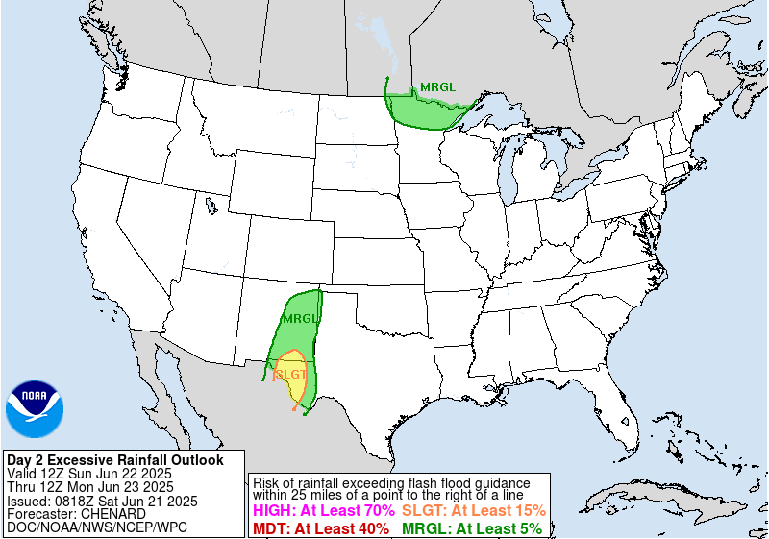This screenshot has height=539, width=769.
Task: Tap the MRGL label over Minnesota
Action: [x=437, y=87]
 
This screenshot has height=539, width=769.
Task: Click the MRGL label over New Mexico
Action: [x=299, y=318]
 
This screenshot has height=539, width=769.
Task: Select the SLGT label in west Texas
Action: [x=291, y=374]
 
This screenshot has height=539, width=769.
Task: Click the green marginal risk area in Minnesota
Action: [x=423, y=109]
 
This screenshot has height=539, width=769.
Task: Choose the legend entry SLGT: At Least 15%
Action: [x=474, y=511]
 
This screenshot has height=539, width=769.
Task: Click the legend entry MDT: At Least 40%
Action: [x=320, y=527]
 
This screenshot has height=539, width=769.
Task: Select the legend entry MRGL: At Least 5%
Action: [x=472, y=527]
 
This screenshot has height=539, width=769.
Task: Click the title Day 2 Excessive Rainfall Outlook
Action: [x=114, y=460]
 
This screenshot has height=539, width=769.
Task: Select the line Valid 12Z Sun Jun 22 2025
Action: [x=88, y=474]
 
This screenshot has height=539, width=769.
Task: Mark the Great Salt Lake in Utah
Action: [x=210, y=204]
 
